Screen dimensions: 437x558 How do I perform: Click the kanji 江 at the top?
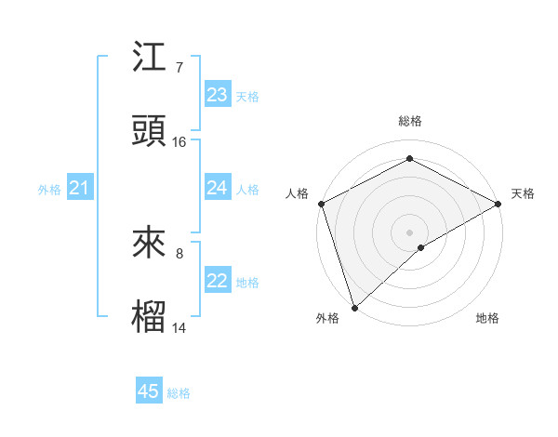150,58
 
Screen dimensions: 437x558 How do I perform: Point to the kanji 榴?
150,315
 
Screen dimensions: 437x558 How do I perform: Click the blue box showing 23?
218,95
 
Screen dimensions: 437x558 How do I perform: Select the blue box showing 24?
218,188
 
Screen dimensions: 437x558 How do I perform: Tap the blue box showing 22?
218,281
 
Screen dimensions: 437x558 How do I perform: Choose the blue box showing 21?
80,189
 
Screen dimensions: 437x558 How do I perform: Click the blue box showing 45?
149,391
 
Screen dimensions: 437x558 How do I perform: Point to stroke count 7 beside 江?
179,68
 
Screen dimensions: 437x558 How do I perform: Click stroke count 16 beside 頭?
179,142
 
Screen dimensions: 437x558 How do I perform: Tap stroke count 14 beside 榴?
179,327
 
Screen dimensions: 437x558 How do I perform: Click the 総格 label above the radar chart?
410,121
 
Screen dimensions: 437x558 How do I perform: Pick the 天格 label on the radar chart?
523,193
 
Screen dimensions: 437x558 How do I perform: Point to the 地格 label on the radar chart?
487,318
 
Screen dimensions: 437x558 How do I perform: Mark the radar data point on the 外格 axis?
354,307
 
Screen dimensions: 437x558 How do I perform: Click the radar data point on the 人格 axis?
322,203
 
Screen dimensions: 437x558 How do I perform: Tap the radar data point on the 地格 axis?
421,247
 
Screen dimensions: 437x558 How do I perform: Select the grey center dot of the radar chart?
410,231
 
